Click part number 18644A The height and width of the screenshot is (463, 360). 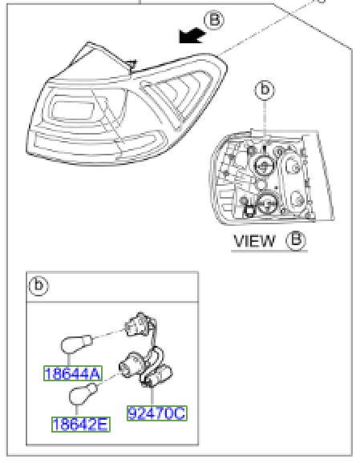tap(73, 373)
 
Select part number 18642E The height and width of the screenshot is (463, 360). tap(81, 425)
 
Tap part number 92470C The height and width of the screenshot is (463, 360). tap(157, 413)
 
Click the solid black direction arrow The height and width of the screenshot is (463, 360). tap(192, 36)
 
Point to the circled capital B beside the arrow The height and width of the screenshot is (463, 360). tap(214, 20)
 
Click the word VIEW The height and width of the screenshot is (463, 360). tap(254, 241)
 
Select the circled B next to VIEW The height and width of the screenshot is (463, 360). tap(296, 240)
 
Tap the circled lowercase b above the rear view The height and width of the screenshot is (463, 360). tap(265, 90)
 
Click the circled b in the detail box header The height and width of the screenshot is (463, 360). tap(38, 286)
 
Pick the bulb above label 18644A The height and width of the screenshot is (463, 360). tap(76, 344)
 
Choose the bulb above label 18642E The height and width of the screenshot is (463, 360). tap(83, 394)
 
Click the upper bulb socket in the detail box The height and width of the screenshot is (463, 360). tap(139, 324)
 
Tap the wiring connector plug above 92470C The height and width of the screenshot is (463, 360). tap(156, 375)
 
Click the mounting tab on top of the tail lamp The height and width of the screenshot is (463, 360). tap(131, 66)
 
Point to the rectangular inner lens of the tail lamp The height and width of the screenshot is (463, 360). tap(73, 110)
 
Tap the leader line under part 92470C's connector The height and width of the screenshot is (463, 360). tap(152, 396)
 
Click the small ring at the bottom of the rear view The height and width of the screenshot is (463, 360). tap(249, 211)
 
